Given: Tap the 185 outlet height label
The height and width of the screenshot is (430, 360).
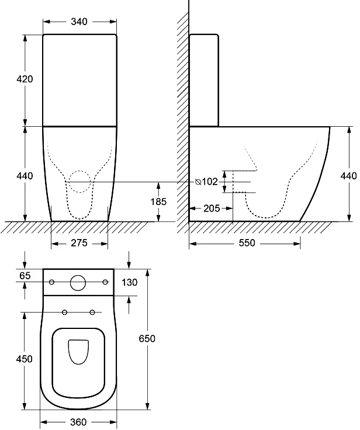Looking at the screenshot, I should point(158,202).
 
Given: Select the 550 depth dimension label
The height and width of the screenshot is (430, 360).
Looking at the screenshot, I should point(247,243).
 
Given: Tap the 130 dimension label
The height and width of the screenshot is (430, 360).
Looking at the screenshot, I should point(130,282).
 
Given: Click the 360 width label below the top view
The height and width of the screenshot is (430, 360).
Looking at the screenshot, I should point(78,422).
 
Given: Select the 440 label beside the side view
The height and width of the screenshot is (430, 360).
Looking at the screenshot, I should point(348,175).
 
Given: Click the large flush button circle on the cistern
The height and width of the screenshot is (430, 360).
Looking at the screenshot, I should point(78,283).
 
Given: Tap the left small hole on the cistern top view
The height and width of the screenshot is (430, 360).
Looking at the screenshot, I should point(51,283).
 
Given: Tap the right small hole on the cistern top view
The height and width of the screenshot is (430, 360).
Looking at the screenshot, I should point(105,283).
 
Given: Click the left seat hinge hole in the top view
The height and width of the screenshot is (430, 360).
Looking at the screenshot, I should point(64,311).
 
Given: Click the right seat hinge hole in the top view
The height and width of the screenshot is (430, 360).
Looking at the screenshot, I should point(92,311).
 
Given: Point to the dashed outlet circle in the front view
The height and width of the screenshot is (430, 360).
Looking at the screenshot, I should point(80,182).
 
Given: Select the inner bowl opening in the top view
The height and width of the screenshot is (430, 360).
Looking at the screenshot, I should point(78,352).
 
